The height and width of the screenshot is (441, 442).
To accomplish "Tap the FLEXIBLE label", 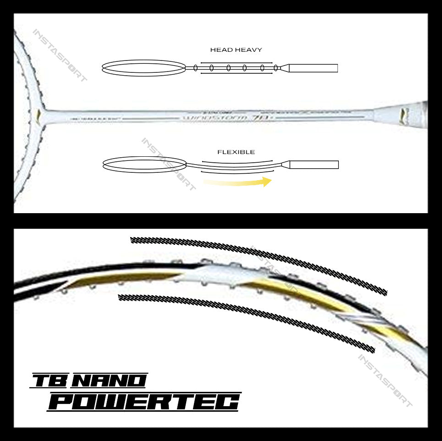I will (x=236, y=152).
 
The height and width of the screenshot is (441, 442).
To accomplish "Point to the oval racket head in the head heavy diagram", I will (x=144, y=68).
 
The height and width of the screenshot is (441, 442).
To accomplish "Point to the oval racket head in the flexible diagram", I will (x=144, y=164).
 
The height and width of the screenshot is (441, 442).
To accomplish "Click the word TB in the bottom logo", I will (x=50, y=380).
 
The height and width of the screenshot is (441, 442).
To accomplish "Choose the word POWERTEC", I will (x=144, y=402).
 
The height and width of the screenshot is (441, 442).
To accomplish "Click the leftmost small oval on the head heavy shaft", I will (x=196, y=68).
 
